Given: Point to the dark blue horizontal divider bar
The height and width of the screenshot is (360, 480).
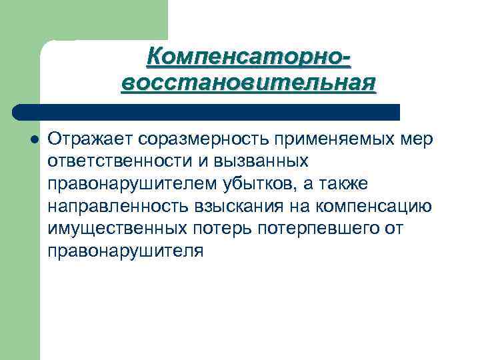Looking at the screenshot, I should [207, 111].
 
